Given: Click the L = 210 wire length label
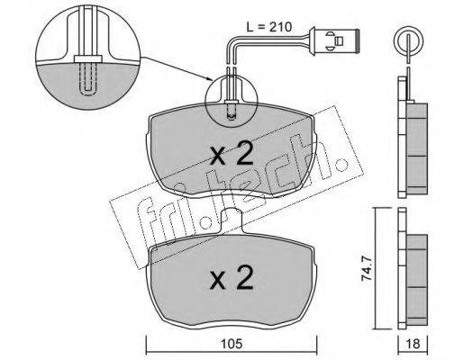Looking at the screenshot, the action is pyautogui.click(x=269, y=27).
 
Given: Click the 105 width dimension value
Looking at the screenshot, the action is pyautogui.click(x=231, y=344).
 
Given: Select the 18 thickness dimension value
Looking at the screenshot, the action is pyautogui.click(x=413, y=344).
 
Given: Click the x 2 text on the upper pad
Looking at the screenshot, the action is pyautogui.click(x=231, y=155).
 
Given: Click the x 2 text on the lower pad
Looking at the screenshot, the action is pyautogui.click(x=231, y=278).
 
